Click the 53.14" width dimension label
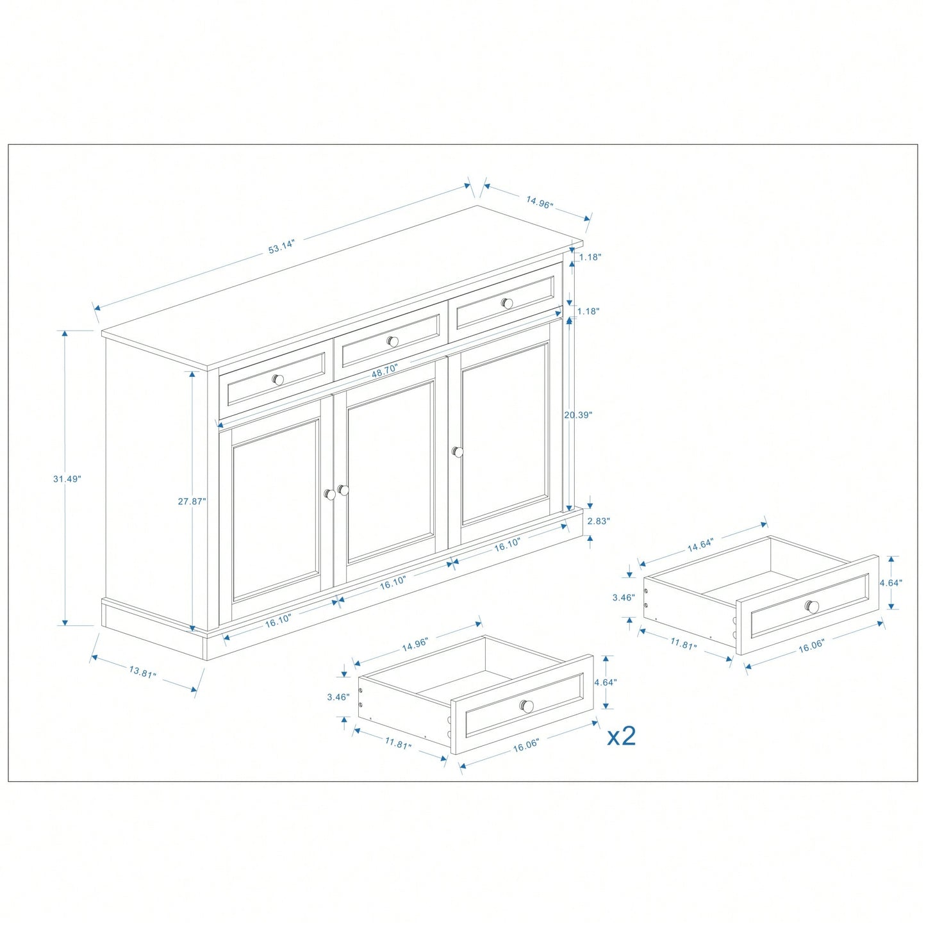(281, 248)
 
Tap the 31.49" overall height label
(67, 479)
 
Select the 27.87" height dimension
(192, 501)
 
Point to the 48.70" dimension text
(384, 369)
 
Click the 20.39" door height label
(578, 415)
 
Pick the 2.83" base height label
(599, 521)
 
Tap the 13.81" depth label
(143, 672)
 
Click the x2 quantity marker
(622, 736)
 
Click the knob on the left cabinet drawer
(277, 379)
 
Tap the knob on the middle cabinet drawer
(393, 342)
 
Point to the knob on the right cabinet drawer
(507, 303)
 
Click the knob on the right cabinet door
(458, 452)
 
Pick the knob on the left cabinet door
(329, 495)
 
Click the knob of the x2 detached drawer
(527, 706)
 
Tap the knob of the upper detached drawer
(813, 606)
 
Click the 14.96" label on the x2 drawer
(415, 645)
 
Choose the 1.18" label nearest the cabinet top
(590, 257)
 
